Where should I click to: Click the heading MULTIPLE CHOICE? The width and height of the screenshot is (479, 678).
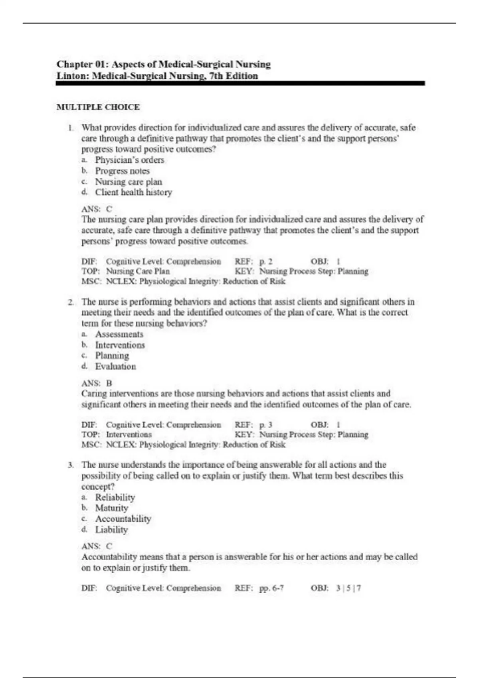coord(98,107)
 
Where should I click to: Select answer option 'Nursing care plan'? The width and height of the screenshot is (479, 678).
coord(128,181)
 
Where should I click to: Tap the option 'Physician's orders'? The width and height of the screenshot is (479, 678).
coord(129,160)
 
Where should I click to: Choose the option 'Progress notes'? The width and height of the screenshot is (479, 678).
coord(122,171)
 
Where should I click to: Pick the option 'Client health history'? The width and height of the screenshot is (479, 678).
coord(133,192)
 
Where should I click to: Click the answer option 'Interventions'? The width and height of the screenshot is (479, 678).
coord(120,345)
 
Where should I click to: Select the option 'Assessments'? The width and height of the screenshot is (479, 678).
coord(119,334)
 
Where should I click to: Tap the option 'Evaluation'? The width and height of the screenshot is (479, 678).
coord(115,367)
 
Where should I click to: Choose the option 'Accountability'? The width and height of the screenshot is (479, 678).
coord(123,519)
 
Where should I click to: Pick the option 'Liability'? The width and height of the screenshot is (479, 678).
coord(111,530)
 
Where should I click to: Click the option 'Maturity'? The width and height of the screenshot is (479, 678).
coord(112,508)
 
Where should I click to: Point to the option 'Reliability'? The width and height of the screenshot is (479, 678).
coord(115,497)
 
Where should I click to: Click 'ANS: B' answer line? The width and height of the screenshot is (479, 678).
coord(97,383)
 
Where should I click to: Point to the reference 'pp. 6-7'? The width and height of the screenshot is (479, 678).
coord(271,588)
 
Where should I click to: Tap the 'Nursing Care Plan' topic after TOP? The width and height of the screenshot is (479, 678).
coord(138,271)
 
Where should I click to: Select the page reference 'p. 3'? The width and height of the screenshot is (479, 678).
coord(266,425)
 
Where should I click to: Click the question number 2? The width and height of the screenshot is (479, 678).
coord(71,302)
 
